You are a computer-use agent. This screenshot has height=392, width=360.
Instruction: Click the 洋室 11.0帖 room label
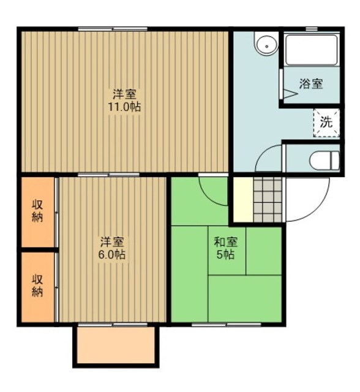[126, 100]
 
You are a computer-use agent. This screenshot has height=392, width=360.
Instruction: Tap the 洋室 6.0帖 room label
[112, 248]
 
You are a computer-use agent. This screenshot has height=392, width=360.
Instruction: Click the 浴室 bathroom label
[311, 85]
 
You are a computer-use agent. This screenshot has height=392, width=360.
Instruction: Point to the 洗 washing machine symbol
[326, 121]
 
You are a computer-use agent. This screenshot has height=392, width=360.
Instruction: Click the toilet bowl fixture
[323, 160]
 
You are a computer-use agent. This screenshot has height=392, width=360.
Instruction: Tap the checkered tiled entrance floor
[267, 200]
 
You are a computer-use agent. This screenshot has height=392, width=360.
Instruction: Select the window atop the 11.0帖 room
[113, 28]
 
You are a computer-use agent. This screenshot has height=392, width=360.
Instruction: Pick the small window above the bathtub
[312, 28]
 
